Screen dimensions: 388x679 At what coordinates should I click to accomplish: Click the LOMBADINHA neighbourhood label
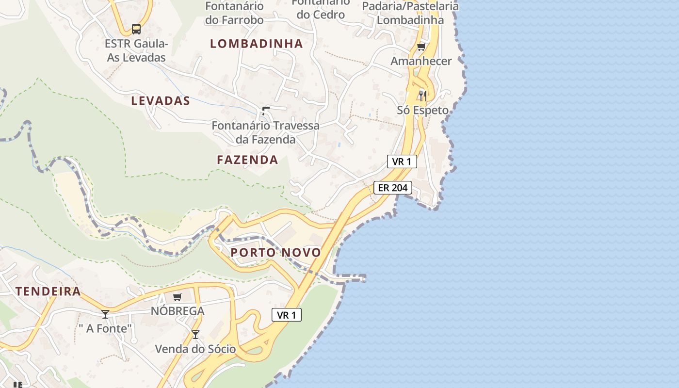coord(256,44)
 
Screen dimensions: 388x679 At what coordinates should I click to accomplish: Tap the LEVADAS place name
coord(161,101)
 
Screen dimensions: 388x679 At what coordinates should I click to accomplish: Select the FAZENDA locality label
coord(247,160)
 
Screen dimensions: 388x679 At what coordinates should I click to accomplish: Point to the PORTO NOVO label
coord(275,252)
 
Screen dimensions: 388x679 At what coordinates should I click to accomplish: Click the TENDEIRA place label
coord(48,291)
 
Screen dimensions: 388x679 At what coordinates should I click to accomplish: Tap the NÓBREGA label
coord(178,311)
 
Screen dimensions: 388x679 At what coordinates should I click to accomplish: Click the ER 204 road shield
coord(393,188)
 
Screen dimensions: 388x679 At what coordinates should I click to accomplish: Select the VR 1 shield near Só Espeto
coord(402,162)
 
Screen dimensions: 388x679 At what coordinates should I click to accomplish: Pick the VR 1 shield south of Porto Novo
coord(287,315)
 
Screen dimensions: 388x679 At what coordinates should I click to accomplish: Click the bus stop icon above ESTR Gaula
coord(136,29)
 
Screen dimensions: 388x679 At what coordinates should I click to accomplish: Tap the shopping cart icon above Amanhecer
coord(421,47)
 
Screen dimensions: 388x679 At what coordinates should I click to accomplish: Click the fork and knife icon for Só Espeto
coord(423,96)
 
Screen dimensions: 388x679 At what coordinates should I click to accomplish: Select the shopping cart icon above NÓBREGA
coord(178,297)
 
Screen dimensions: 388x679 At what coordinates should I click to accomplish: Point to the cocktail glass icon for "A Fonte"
coord(105,314)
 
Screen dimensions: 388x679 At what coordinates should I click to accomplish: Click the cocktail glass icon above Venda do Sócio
coord(195,335)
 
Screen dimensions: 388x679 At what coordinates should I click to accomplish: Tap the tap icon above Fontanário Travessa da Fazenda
coord(265,111)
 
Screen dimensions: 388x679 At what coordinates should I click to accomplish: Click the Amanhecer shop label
coord(421,61)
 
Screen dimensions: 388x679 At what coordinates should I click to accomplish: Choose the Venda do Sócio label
coord(195,349)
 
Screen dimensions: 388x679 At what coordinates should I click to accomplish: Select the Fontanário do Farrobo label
coord(234,13)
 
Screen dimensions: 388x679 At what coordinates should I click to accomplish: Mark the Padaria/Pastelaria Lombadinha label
coord(410,13)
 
